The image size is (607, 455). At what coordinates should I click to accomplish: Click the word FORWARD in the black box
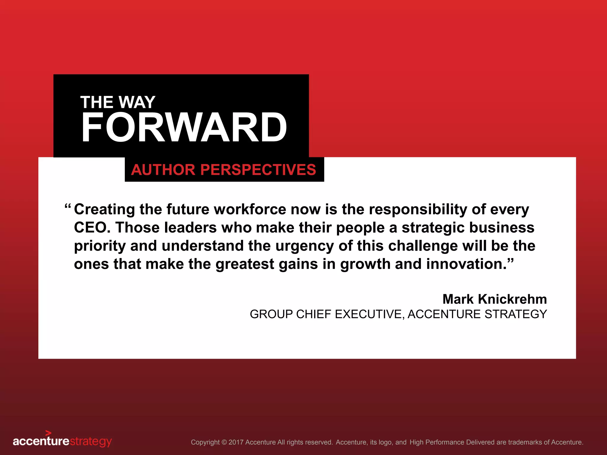click(x=184, y=127)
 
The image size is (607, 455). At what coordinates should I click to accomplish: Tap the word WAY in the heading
click(x=137, y=102)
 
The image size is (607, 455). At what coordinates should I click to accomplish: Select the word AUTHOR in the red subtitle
click(x=163, y=170)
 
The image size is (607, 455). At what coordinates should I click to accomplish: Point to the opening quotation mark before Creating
click(x=68, y=206)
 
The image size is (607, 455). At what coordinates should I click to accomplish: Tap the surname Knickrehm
click(x=512, y=299)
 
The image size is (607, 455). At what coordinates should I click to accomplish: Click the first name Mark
click(x=458, y=299)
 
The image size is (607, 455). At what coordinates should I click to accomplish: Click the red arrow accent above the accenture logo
click(x=48, y=433)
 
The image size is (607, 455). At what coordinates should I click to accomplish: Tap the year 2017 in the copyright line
click(x=236, y=442)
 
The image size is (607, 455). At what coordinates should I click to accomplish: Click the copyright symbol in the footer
click(x=224, y=442)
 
